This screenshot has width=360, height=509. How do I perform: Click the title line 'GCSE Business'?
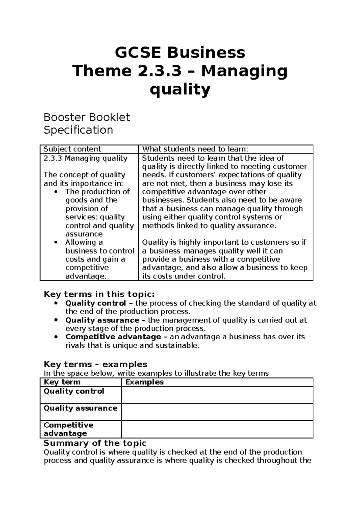tap(180, 53)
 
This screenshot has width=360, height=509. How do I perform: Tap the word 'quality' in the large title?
tap(180, 89)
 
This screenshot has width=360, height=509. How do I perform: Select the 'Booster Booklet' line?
tap(87, 117)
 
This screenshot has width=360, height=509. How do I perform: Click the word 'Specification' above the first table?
tap(78, 130)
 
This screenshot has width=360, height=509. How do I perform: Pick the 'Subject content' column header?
tap(72, 149)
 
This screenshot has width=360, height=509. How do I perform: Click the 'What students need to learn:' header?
tap(195, 149)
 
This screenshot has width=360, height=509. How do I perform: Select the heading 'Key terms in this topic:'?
tap(99, 294)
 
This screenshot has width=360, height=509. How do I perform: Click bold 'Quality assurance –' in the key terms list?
tap(105, 320)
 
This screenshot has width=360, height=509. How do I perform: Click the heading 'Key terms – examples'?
tap(95, 365)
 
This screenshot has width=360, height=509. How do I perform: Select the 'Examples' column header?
tap(144, 382)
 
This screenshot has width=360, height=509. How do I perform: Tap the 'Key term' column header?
tap(62, 382)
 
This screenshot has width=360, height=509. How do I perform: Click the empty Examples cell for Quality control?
tap(217, 395)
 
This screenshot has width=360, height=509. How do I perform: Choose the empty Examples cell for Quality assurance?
tap(217, 412)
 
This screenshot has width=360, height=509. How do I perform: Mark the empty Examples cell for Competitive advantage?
tap(217, 429)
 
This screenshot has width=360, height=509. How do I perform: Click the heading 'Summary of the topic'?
tap(95, 443)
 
